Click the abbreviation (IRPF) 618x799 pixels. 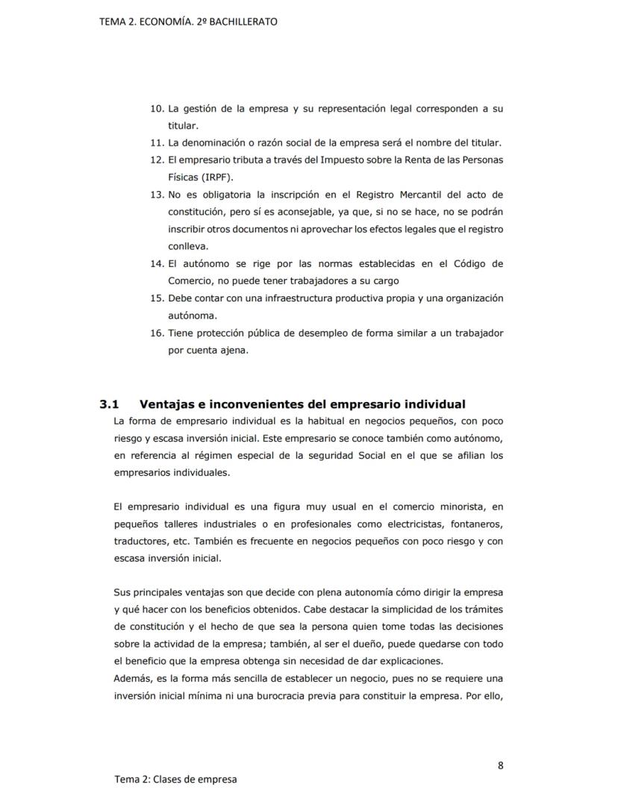216,178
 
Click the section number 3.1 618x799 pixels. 110,404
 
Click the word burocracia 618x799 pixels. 315,696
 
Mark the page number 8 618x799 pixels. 500,765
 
